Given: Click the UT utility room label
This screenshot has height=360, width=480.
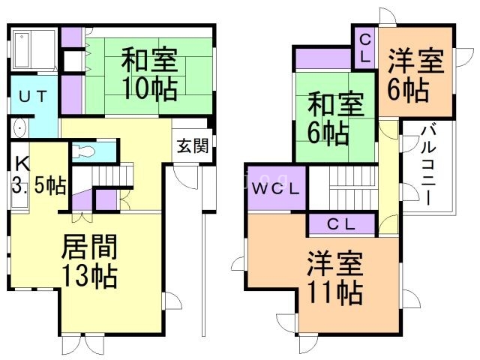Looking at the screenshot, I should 33,95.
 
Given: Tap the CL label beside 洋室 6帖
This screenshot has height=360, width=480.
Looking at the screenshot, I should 364,46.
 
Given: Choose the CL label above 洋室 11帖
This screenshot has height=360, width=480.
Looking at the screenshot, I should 341,223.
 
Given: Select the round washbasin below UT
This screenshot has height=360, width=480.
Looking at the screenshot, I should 19,127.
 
